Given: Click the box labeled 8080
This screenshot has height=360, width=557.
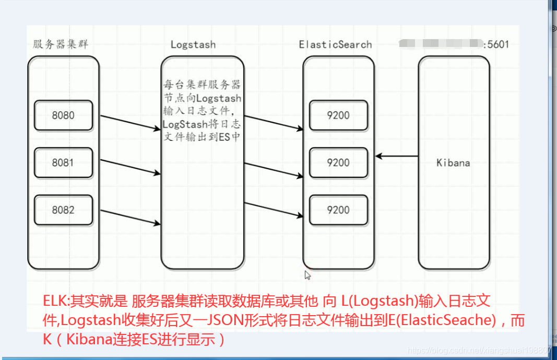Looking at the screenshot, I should click(x=63, y=115).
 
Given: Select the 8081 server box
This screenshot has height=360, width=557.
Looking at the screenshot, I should click(x=63, y=163).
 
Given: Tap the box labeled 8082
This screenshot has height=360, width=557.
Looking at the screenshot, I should click(x=63, y=210).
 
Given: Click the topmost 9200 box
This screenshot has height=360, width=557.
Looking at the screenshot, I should click(x=338, y=115).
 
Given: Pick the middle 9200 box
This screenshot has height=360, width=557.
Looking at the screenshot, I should click(x=338, y=163).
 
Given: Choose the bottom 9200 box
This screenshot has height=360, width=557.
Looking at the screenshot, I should click(x=338, y=210).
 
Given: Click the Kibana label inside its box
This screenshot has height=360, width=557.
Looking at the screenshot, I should click(x=453, y=163).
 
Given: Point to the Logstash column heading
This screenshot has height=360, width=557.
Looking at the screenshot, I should click(x=193, y=44).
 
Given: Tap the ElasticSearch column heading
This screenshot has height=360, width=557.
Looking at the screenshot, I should click(x=335, y=44).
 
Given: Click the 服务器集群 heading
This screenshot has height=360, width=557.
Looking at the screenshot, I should click(x=61, y=44).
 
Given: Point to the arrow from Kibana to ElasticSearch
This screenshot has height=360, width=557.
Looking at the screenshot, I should click(x=397, y=156).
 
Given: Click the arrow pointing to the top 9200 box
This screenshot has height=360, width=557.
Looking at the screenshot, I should click(x=274, y=123).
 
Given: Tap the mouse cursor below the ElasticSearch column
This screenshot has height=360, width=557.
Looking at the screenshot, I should click(x=308, y=274).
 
